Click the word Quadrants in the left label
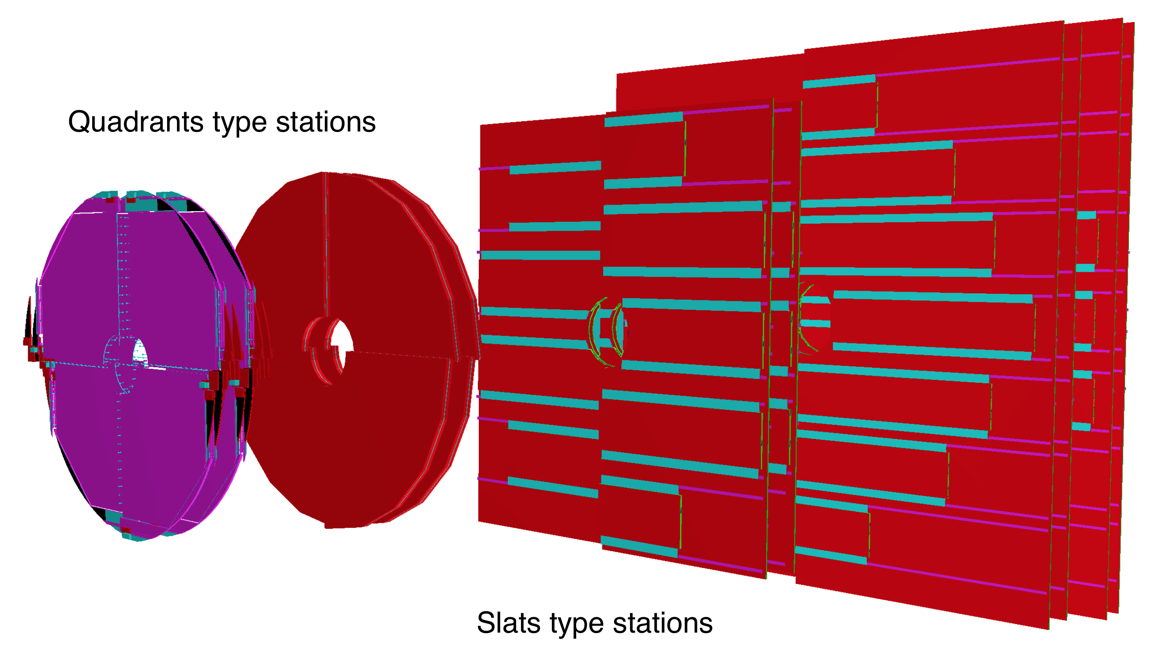click(135, 122)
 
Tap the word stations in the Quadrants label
click(326, 122)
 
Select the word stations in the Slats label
click(663, 623)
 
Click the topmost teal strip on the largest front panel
click(839, 81)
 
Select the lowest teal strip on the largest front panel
click(831, 555)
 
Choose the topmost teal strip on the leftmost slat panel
click(555, 168)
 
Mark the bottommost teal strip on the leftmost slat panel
click(553, 488)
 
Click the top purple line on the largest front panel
click(967, 67)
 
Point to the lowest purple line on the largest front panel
click(956, 579)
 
